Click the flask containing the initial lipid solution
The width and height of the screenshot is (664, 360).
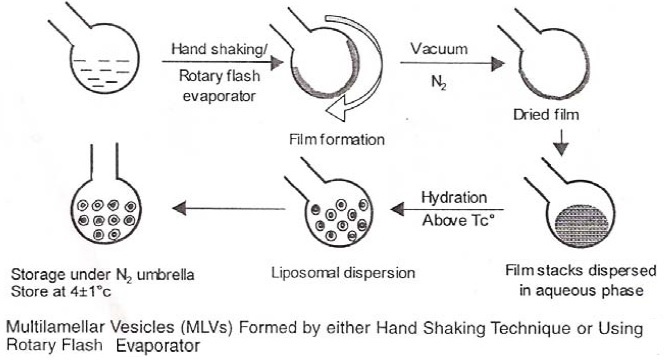tap(94, 64)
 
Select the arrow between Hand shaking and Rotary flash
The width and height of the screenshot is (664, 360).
tap(214, 64)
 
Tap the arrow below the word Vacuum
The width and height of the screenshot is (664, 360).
tap(444, 64)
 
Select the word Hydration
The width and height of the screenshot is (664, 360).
tap(455, 195)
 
